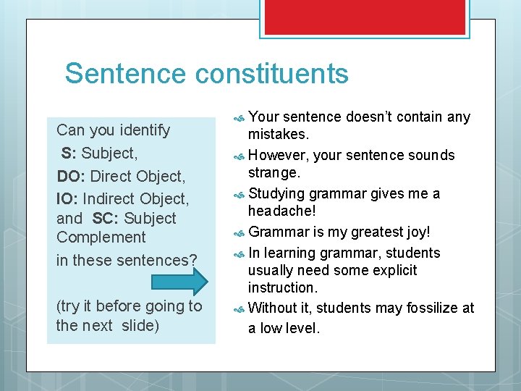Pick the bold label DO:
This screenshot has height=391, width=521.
pos(71,176)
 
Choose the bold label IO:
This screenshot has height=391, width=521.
pos(67,198)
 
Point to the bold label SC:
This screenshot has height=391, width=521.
pos(106,219)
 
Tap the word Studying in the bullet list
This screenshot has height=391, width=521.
pos(276,194)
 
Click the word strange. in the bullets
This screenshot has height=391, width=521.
pos(274,172)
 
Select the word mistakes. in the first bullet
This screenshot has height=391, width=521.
pos(279,134)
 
